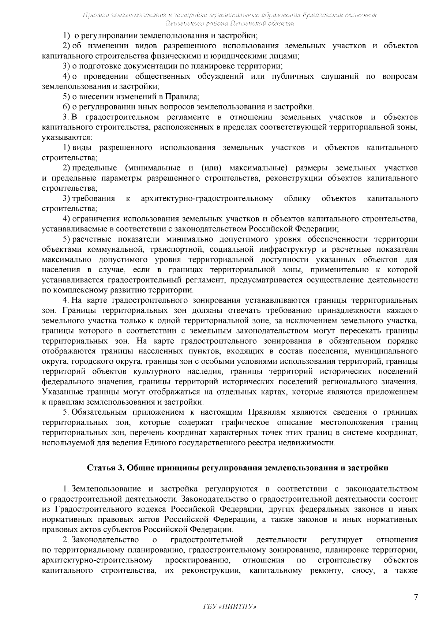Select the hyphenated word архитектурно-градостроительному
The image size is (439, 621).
point(207,199)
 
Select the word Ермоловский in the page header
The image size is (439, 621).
point(322,15)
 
